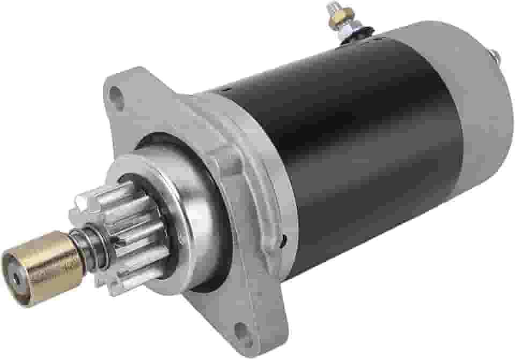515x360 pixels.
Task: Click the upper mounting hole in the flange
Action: pyautogui.click(x=115, y=97)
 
